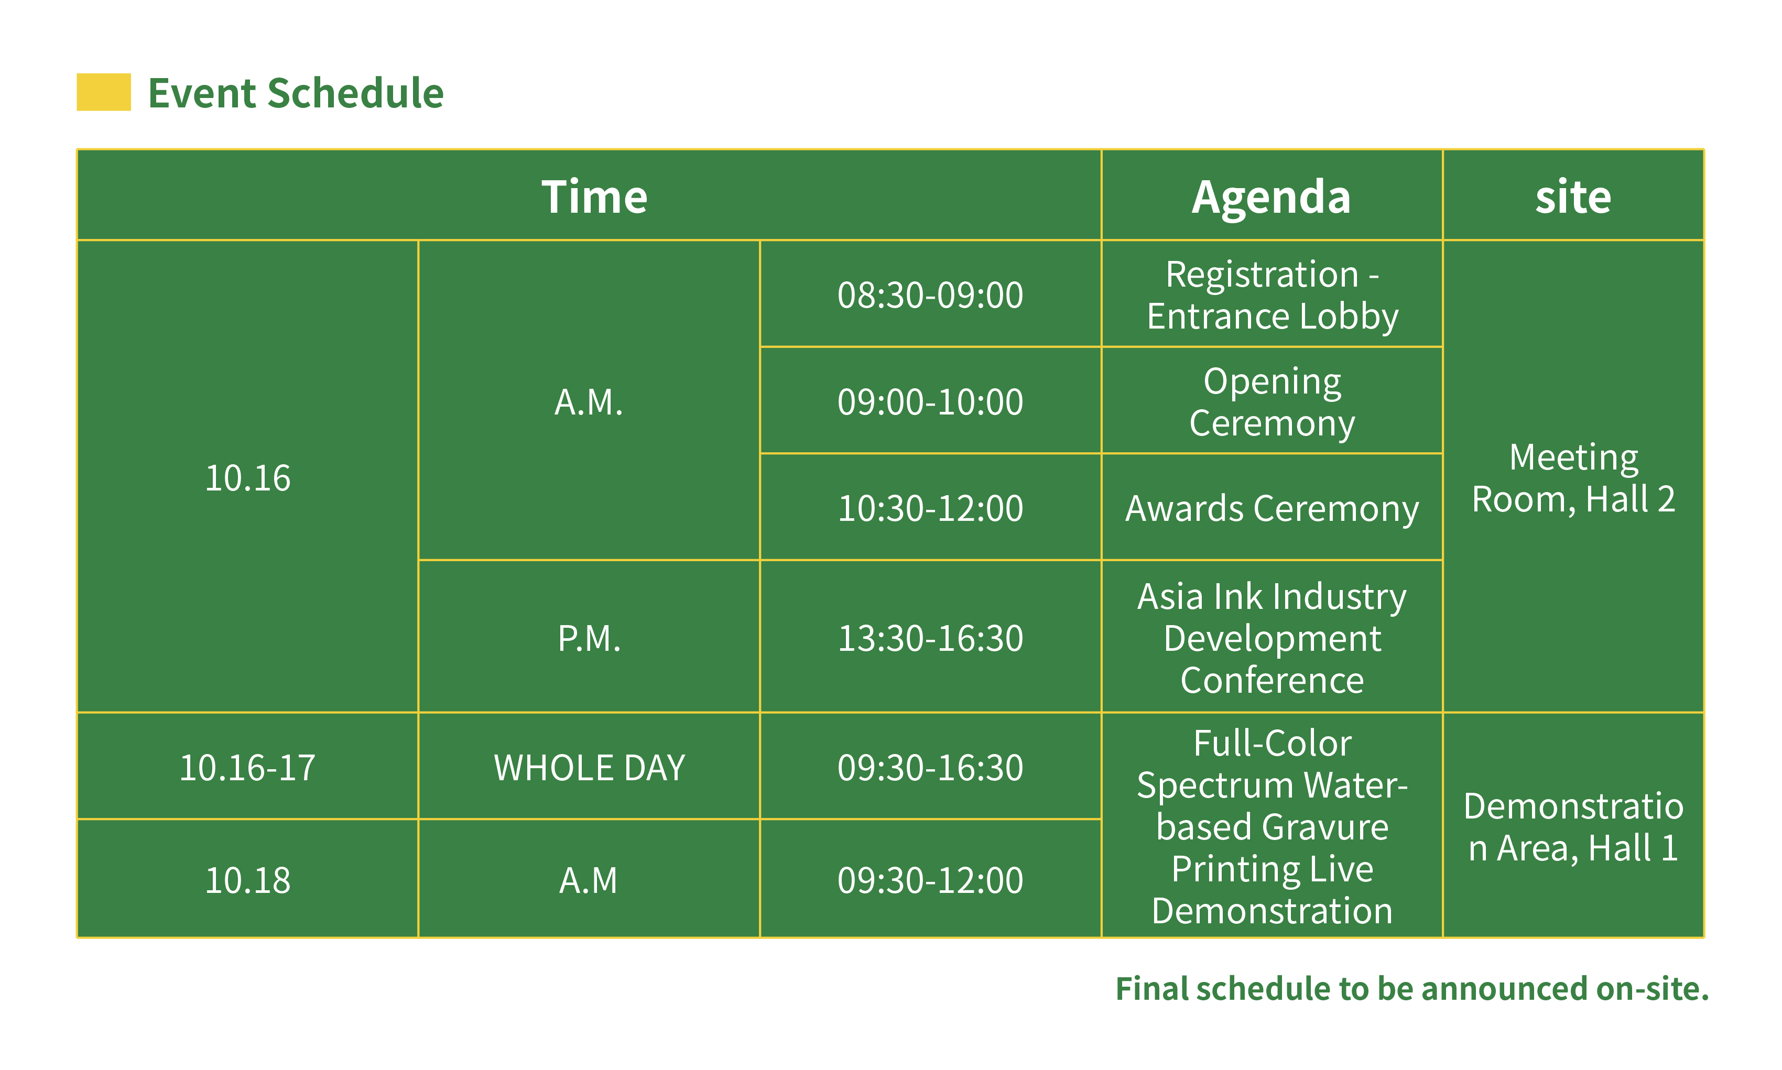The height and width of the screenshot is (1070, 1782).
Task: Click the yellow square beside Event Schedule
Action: click(x=104, y=92)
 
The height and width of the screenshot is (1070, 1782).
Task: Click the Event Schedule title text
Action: click(x=296, y=93)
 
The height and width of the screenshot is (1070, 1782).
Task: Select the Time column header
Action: click(x=594, y=196)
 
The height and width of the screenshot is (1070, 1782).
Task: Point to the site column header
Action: click(x=1573, y=196)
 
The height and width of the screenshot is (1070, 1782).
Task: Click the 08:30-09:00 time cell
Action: click(x=930, y=294)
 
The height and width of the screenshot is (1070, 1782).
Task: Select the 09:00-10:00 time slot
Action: click(x=930, y=401)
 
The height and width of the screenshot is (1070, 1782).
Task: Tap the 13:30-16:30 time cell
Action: click(x=930, y=637)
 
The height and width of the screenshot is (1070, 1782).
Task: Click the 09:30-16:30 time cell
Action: click(x=930, y=767)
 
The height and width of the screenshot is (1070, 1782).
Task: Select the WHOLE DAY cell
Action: click(x=589, y=767)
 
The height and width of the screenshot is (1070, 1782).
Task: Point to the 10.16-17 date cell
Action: click(x=247, y=767)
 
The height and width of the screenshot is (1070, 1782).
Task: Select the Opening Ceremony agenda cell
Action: click(x=1272, y=401)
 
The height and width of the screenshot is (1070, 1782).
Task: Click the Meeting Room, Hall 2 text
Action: click(x=1573, y=477)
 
